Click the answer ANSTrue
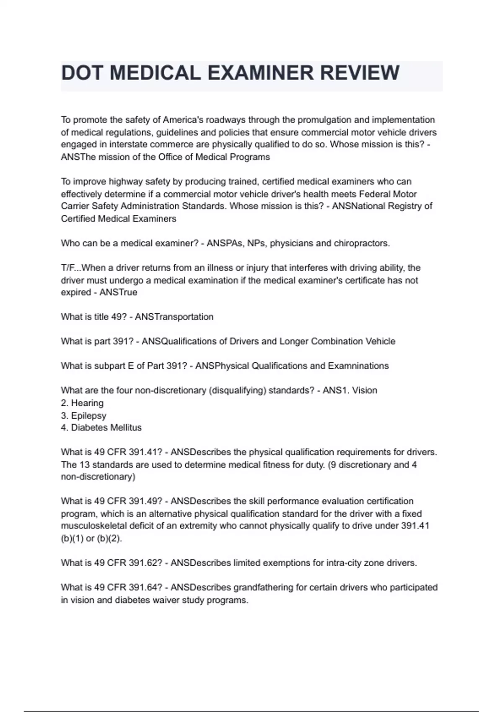click(x=118, y=292)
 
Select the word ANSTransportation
click(x=174, y=317)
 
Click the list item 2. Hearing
click(x=82, y=403)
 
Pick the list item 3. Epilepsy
click(x=83, y=415)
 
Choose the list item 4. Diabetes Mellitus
click(x=101, y=428)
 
